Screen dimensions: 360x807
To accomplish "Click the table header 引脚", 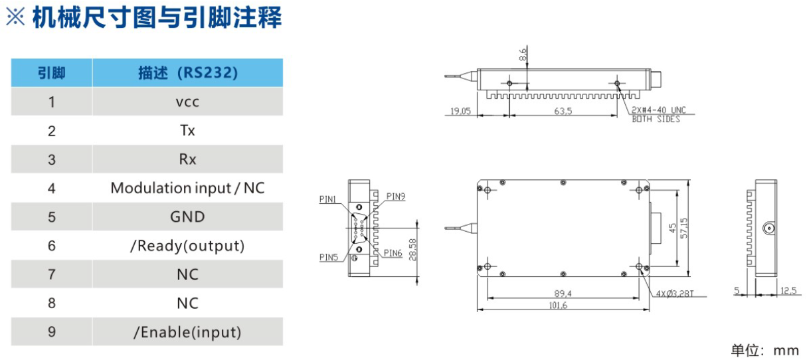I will [51, 72].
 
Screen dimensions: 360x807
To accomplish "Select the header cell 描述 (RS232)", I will [188, 72].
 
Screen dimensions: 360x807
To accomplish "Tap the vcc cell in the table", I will [188, 102].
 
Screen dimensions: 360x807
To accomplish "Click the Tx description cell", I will [188, 130].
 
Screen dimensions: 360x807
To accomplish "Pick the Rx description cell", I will [188, 159].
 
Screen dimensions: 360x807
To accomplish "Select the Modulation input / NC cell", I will [188, 188].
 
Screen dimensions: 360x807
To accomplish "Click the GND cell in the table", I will [188, 217].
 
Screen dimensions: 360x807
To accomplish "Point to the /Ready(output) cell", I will [188, 246].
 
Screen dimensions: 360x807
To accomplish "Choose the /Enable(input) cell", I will [188, 332].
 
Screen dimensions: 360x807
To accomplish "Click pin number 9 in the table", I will [51, 332].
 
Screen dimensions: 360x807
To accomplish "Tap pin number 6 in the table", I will [51, 246].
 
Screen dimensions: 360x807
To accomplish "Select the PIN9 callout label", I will [395, 196].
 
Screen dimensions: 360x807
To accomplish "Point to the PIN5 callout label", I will [328, 257].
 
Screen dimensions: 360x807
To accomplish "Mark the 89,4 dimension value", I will [563, 294].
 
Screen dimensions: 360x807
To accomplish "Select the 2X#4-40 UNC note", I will [658, 110].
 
